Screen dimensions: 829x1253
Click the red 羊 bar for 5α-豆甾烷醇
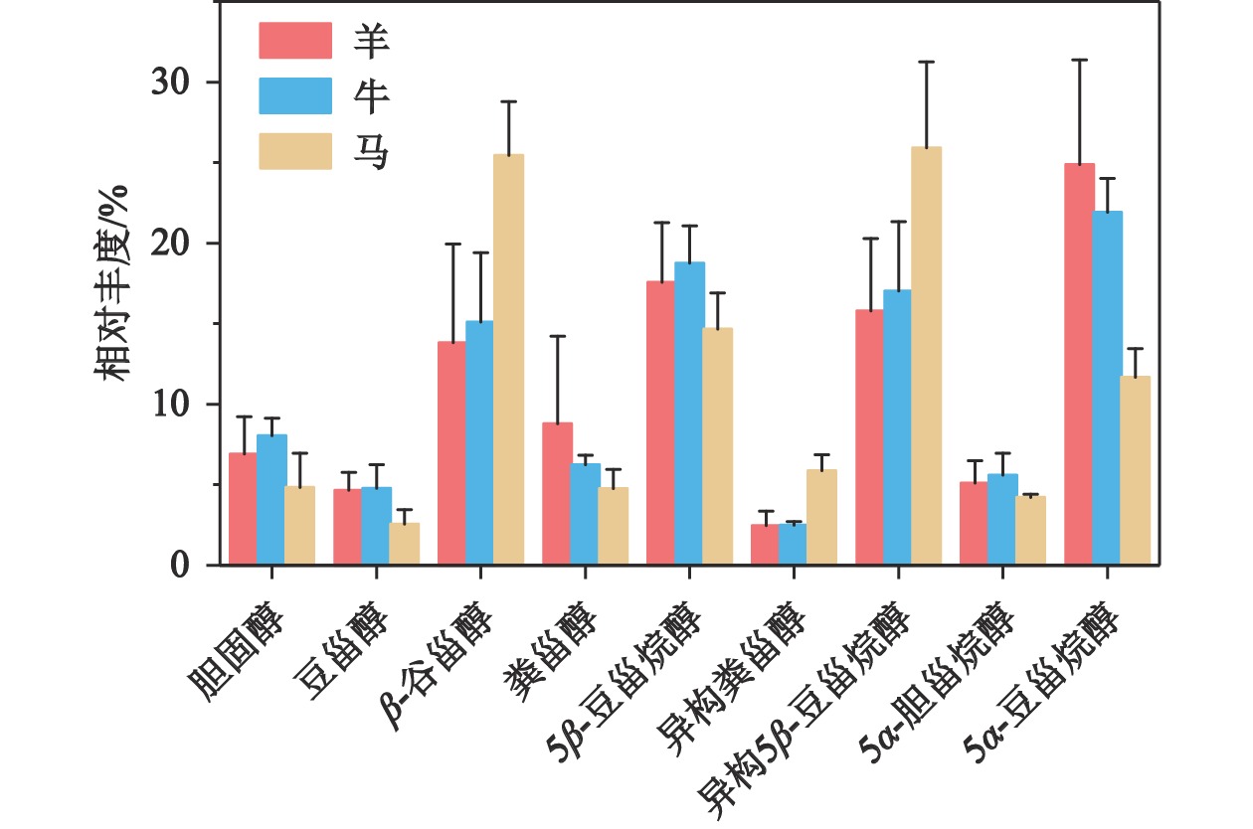click(1078, 364)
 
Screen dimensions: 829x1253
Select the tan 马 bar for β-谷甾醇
click(509, 360)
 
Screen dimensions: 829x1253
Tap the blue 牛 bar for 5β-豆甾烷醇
click(690, 414)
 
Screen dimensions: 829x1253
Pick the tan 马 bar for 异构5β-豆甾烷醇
click(927, 356)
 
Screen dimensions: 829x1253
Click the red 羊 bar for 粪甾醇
click(557, 494)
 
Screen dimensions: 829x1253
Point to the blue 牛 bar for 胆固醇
click(271, 500)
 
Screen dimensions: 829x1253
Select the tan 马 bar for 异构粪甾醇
click(822, 517)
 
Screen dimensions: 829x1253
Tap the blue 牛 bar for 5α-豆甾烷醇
click(1107, 388)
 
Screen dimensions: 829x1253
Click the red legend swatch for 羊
click(295, 41)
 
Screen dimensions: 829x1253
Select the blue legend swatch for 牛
click(295, 96)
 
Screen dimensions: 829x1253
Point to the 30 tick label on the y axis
click(171, 83)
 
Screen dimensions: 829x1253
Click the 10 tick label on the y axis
click(171, 405)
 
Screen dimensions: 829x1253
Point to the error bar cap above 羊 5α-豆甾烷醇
click(1078, 60)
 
